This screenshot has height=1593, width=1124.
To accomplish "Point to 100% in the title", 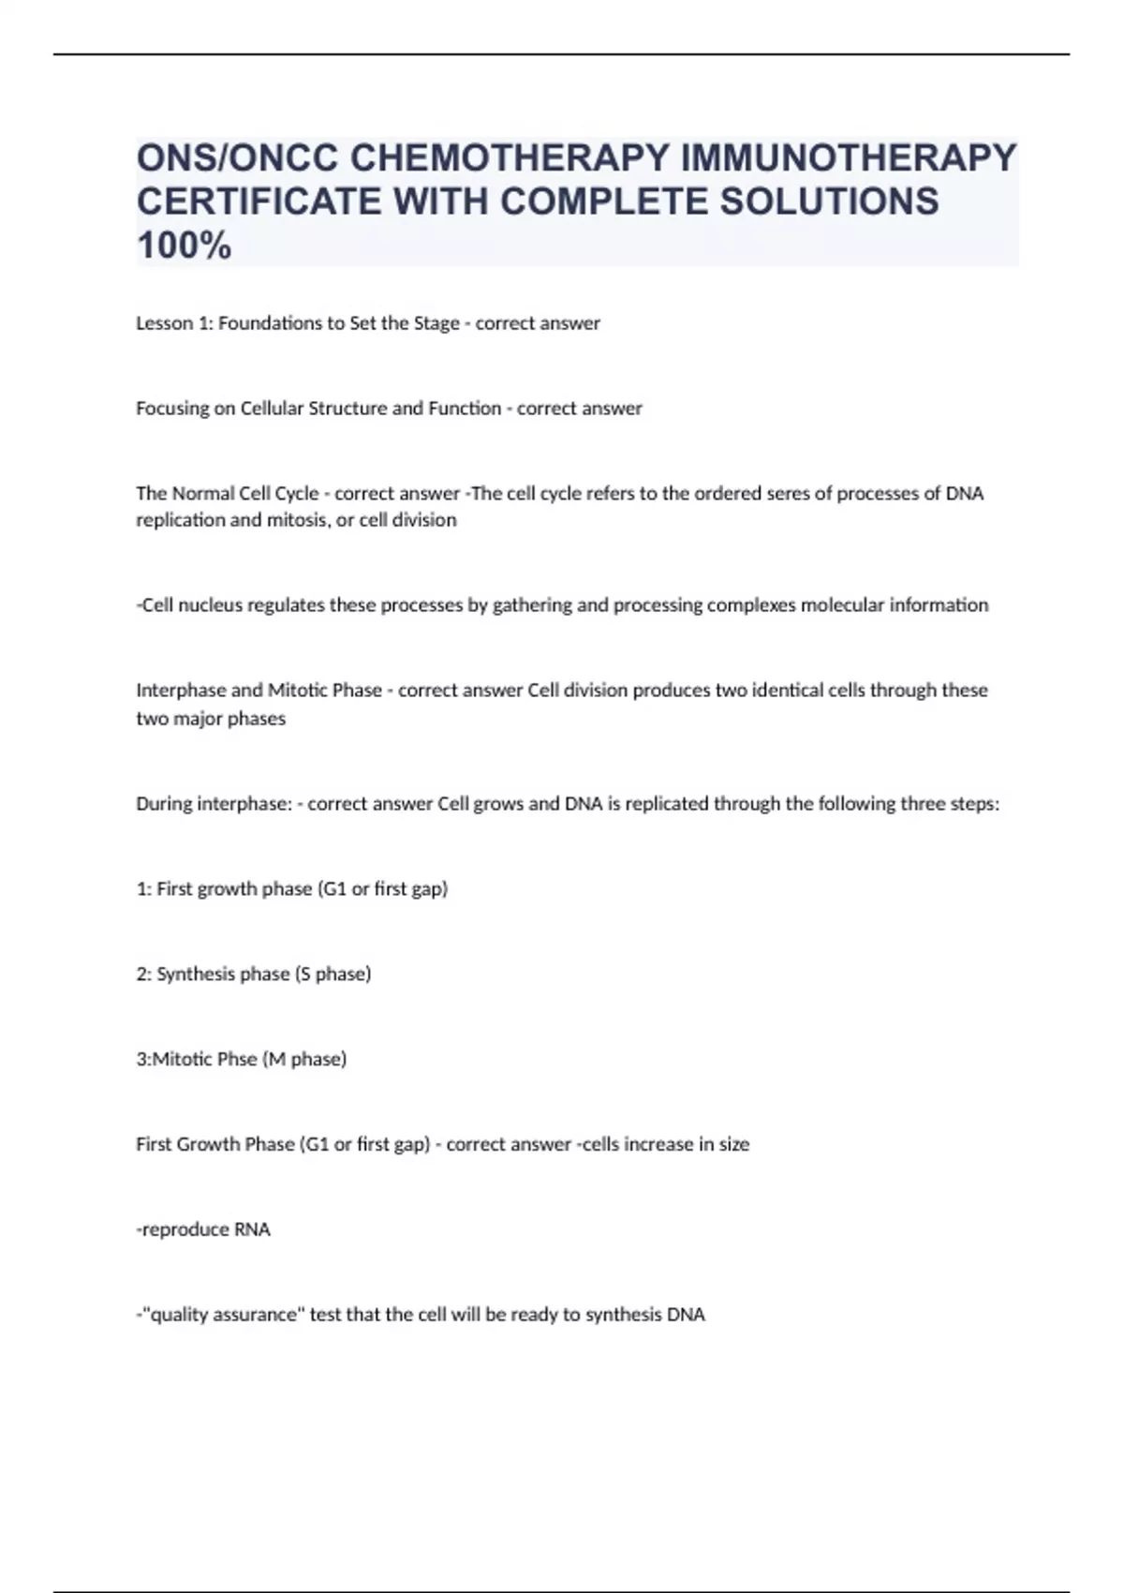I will (184, 246).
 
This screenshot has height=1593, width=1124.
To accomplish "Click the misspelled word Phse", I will (237, 1060).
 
